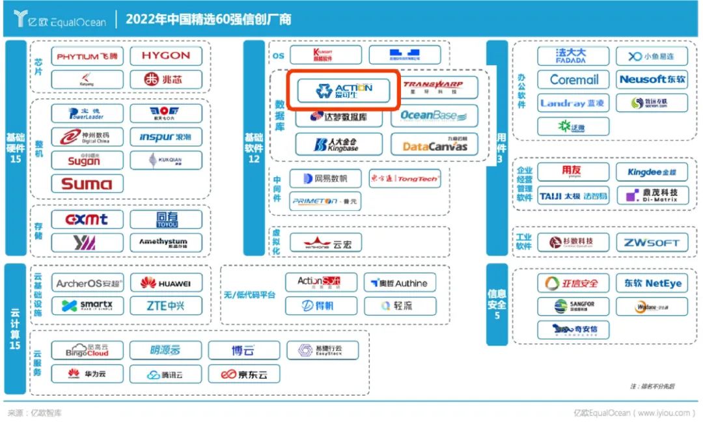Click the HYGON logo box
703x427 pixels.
pyautogui.click(x=165, y=56)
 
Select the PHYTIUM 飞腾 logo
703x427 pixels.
pyautogui.click(x=87, y=56)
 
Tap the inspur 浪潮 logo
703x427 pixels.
pyautogui.click(x=165, y=137)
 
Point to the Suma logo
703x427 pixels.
pyautogui.click(x=87, y=184)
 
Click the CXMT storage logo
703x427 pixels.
pyautogui.click(x=87, y=220)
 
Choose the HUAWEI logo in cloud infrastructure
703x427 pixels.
pyautogui.click(x=165, y=283)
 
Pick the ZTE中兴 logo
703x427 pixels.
pyautogui.click(x=165, y=305)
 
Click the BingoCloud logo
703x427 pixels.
pyautogui.click(x=87, y=350)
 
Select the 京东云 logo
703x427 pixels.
pyautogui.click(x=243, y=374)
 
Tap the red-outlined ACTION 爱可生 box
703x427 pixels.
pyautogui.click(x=344, y=90)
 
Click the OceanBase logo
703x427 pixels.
pyautogui.click(x=434, y=116)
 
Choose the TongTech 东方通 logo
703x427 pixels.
pyautogui.click(x=405, y=178)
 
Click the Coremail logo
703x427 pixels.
pyautogui.click(x=573, y=79)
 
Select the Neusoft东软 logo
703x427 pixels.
pyautogui.click(x=652, y=79)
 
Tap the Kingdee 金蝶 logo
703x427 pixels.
pyautogui.click(x=652, y=172)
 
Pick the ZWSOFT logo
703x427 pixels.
pyautogui.click(x=652, y=243)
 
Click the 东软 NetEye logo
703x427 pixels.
pyautogui.click(x=652, y=283)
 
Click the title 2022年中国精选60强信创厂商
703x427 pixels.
pyautogui.click(x=208, y=20)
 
